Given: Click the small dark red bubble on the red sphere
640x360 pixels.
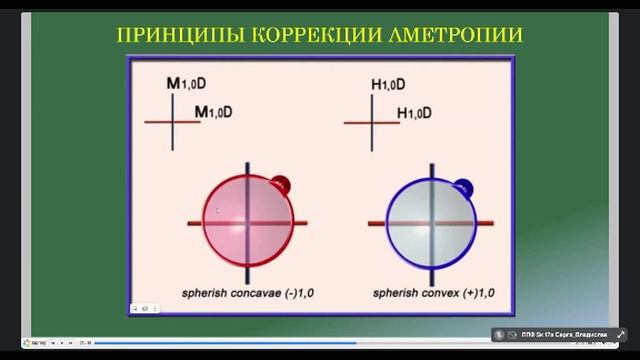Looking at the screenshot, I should (x=281, y=185).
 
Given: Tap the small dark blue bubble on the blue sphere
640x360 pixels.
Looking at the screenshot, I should (x=463, y=185).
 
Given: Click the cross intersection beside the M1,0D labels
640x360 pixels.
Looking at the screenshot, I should (x=173, y=122).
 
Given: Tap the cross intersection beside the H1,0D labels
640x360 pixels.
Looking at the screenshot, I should (x=372, y=123).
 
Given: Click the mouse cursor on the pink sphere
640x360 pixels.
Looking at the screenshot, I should (x=218, y=211).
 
